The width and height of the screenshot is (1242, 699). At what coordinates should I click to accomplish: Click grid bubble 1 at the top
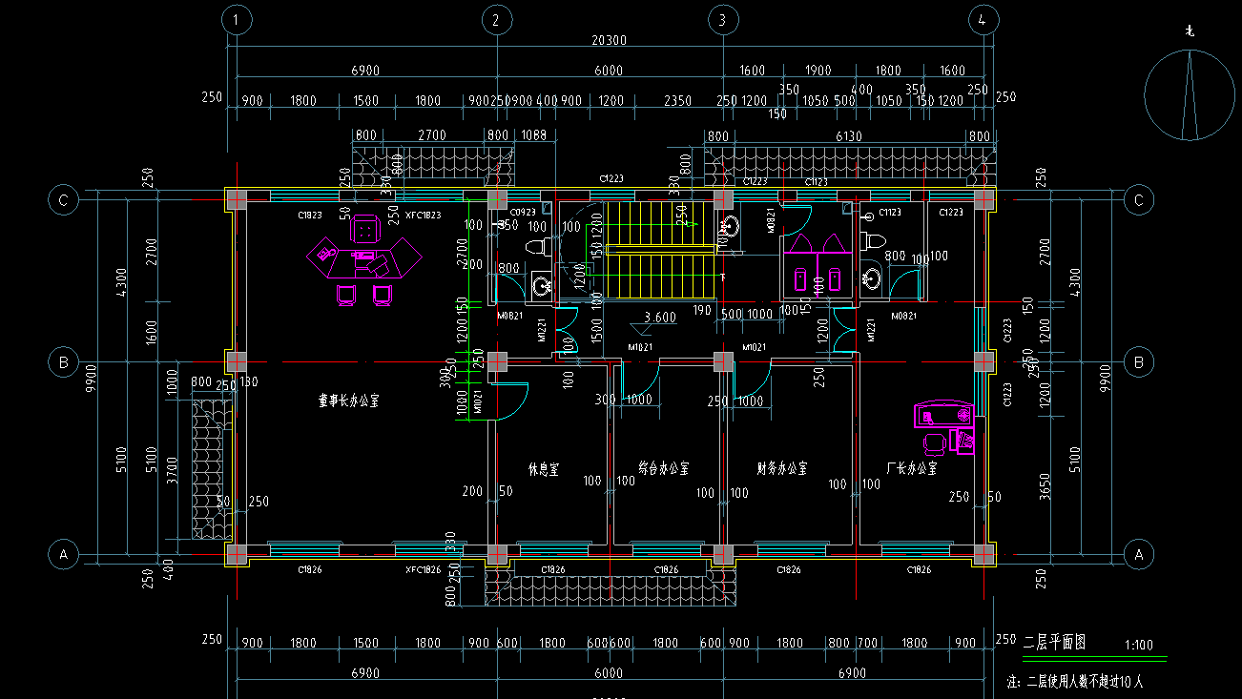[x=237, y=20]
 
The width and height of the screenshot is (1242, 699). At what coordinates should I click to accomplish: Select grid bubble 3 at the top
[x=722, y=20]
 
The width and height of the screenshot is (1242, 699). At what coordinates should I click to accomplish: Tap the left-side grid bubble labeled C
[x=64, y=200]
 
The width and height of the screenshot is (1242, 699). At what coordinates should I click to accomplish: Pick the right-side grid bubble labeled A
[x=1137, y=553]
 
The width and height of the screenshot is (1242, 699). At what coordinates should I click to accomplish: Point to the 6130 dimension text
[x=849, y=136]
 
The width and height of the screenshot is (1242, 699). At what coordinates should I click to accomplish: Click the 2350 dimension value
[x=677, y=101]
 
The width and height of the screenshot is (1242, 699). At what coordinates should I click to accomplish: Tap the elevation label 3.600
[x=660, y=318]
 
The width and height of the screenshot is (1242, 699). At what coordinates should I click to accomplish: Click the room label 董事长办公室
[x=348, y=401]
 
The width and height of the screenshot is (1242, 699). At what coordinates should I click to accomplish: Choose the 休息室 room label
[x=544, y=469]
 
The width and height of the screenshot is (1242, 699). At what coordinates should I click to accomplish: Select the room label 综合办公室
[x=664, y=469]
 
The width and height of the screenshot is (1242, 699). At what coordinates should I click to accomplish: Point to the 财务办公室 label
[x=782, y=469]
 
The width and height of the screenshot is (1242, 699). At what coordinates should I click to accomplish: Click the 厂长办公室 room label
[x=911, y=469]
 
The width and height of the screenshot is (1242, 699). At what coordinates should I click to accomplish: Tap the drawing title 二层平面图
[x=1054, y=642]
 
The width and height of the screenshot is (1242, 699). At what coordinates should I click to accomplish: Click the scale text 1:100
[x=1139, y=645]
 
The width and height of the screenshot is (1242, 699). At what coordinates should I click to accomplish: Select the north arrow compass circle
[x=1189, y=95]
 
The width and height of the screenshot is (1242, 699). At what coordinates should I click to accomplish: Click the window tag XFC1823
[x=423, y=216]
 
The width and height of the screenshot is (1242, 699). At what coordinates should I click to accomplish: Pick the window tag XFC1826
[x=423, y=569]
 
